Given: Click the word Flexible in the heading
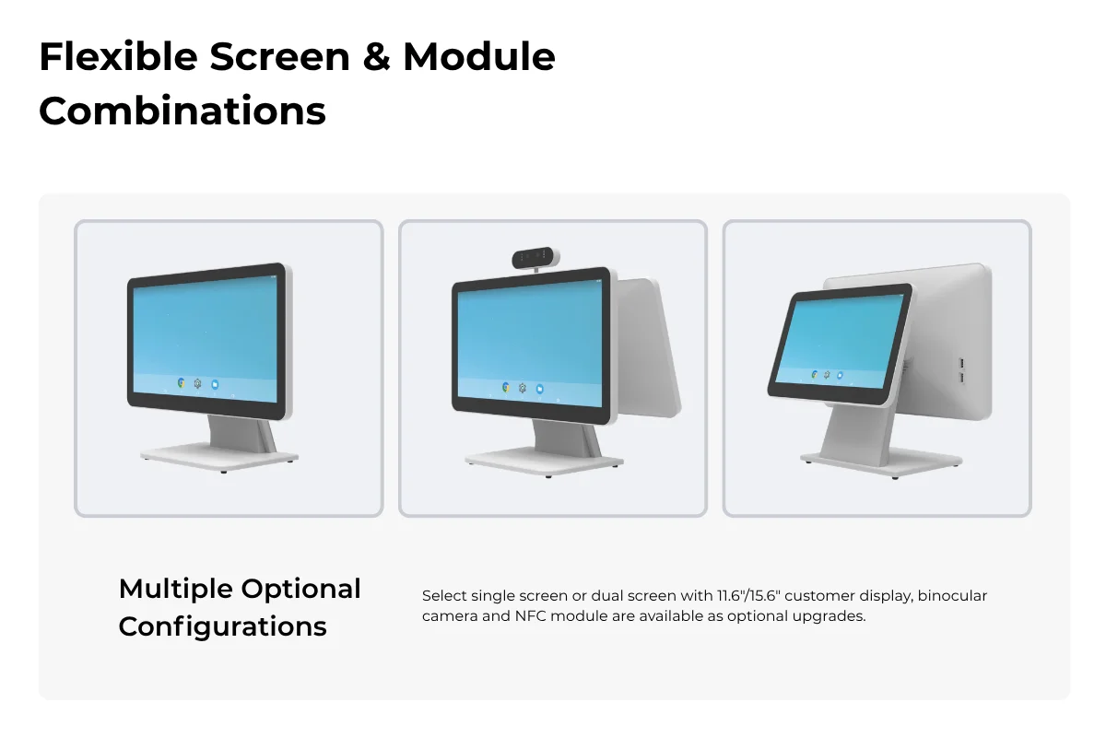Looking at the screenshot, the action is [x=119, y=57].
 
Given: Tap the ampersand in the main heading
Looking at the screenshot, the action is [x=376, y=57].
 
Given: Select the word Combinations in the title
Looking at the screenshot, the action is [x=182, y=111].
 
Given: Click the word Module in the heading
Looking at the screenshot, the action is [x=479, y=57].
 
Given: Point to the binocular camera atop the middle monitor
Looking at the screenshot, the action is [x=535, y=258].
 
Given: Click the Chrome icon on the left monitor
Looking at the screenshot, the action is [x=182, y=382].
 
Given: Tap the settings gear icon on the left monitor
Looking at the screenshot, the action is [x=197, y=383].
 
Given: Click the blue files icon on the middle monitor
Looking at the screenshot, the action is [x=540, y=389].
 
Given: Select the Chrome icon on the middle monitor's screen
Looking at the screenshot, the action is [x=506, y=388].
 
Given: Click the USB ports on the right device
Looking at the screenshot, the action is [x=962, y=371].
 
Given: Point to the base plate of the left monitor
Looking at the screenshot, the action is [x=219, y=458].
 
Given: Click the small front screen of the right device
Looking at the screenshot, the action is [x=841, y=344].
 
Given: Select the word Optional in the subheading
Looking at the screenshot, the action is [x=300, y=590].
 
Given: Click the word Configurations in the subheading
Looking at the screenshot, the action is [x=223, y=627].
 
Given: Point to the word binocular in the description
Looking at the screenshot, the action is [x=952, y=595].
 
